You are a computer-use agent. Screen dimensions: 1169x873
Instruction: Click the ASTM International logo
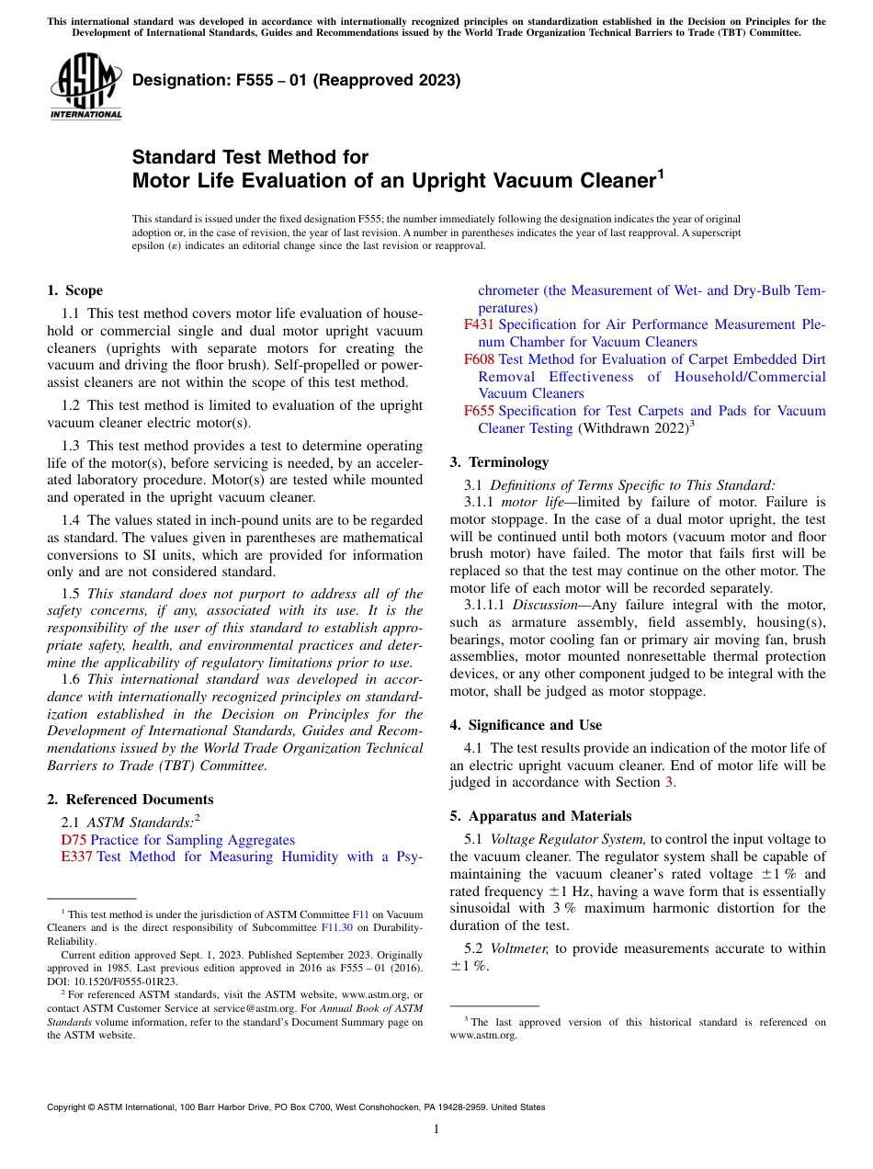coord(85,86)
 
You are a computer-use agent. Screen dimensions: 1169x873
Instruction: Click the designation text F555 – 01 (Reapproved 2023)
coord(296,80)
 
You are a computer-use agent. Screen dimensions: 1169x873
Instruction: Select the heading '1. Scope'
coord(74,290)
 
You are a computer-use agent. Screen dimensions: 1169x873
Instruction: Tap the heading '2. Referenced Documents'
coord(130,800)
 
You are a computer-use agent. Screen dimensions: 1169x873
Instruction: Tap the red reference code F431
coord(479,324)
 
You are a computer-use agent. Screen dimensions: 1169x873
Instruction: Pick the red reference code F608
coord(479,359)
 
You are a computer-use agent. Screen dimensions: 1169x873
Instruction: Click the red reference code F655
coord(479,411)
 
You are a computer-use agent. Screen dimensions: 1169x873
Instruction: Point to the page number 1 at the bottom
coord(436,1129)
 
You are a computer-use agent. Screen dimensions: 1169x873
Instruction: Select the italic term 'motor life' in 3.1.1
coord(531,502)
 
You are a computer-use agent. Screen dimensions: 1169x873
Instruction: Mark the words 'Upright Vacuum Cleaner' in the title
coord(528,181)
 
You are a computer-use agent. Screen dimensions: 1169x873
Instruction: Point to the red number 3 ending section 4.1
coord(668,782)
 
